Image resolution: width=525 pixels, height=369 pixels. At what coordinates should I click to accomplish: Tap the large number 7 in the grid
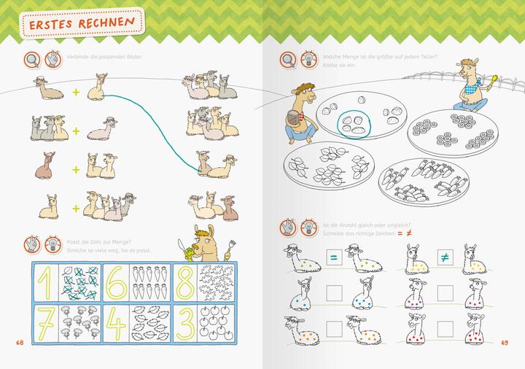tap(46, 323)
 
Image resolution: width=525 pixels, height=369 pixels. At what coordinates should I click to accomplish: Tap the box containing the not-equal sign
tap(443, 257)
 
